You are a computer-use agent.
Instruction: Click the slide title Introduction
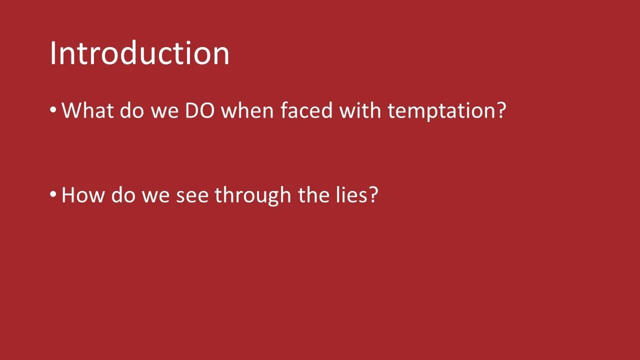139,53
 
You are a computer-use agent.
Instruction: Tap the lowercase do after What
130,110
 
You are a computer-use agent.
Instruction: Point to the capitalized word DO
200,110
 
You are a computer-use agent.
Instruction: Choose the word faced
306,110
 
